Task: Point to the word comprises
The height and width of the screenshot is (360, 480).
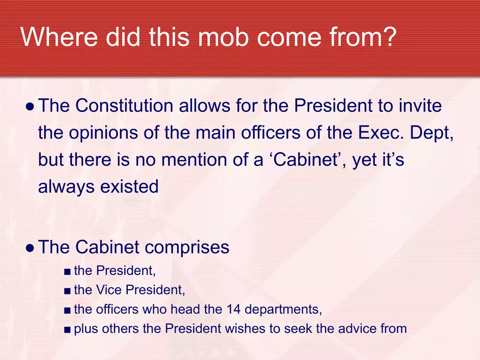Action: [x=187, y=247]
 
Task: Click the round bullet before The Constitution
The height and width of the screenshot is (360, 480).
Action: [x=31, y=106]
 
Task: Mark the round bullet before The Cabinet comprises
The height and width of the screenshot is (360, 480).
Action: [x=31, y=248]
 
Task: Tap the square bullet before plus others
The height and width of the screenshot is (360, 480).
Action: [x=67, y=329]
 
